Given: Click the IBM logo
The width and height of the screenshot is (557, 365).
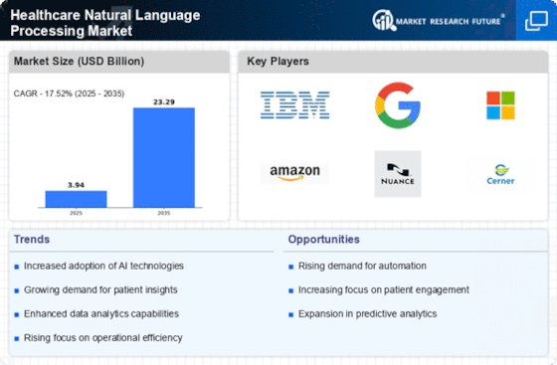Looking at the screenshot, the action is [x=294, y=105].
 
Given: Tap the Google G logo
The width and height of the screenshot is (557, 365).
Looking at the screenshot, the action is [x=398, y=105].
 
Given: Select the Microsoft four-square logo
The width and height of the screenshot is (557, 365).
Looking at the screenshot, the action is [x=500, y=105].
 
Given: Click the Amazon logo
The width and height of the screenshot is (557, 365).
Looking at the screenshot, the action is [x=294, y=174].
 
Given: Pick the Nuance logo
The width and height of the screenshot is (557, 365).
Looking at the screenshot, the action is [x=398, y=174].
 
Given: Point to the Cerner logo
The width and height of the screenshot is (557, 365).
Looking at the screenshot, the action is [x=500, y=174].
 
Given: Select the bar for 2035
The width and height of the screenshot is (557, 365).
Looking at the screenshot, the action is [x=164, y=157].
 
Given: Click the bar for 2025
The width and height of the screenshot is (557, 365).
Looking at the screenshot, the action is [x=76, y=199].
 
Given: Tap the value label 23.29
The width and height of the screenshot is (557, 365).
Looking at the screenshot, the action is [x=164, y=101].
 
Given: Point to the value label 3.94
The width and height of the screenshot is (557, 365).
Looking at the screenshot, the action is [x=76, y=185].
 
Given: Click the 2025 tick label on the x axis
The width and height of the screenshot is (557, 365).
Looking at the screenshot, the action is [x=76, y=213].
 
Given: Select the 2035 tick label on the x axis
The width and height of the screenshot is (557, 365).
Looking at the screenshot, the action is [x=164, y=213].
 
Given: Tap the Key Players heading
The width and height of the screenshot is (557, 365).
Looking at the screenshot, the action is [x=278, y=61].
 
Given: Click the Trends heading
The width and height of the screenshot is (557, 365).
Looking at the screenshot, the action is [x=32, y=240].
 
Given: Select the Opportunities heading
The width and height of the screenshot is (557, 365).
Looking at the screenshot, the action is [x=323, y=240].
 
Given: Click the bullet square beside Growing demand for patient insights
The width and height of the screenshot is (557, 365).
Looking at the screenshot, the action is [x=17, y=290].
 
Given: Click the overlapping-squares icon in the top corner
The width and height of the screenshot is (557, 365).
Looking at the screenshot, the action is [x=536, y=21].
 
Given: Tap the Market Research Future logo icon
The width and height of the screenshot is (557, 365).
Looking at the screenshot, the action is [x=384, y=20].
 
